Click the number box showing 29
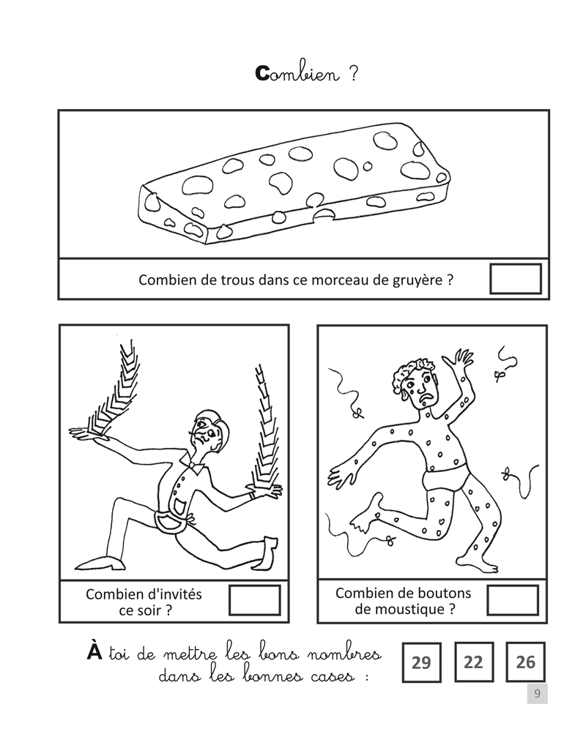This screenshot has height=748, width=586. [x=421, y=662]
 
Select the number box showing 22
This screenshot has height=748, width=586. [x=474, y=662]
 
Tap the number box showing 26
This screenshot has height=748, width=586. [x=525, y=662]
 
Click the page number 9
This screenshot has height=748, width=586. [x=537, y=694]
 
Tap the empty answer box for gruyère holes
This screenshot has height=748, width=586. [x=515, y=279]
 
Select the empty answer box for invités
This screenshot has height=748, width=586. [x=254, y=600]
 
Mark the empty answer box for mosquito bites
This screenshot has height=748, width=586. [x=513, y=600]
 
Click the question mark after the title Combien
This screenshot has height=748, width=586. [x=353, y=75]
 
